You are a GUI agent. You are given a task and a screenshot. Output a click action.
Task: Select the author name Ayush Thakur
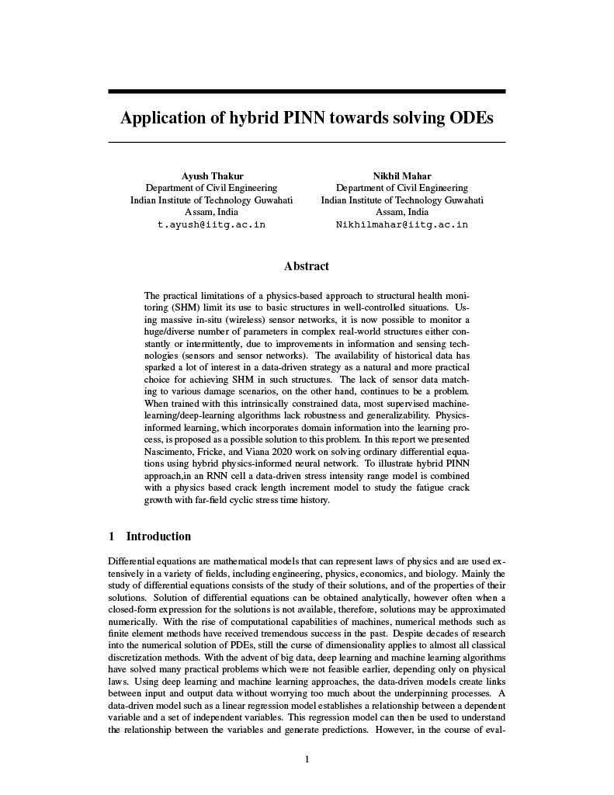point(211,175)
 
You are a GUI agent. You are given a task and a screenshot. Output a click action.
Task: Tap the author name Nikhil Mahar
point(401,175)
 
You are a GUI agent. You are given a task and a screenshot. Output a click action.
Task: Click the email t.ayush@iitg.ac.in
point(211,224)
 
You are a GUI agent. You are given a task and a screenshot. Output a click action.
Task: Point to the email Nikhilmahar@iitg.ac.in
point(401,224)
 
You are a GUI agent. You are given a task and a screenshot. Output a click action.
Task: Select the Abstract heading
point(307,266)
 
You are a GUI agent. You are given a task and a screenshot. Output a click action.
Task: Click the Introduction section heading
point(158,536)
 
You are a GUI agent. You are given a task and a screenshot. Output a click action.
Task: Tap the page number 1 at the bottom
point(307,759)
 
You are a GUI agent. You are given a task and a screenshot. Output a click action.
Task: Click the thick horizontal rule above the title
point(307,92)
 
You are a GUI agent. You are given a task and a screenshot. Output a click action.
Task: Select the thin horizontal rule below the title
point(307,142)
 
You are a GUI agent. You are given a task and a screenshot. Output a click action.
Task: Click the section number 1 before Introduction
point(112,536)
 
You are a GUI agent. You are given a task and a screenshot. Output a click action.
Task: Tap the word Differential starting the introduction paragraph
point(134,559)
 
